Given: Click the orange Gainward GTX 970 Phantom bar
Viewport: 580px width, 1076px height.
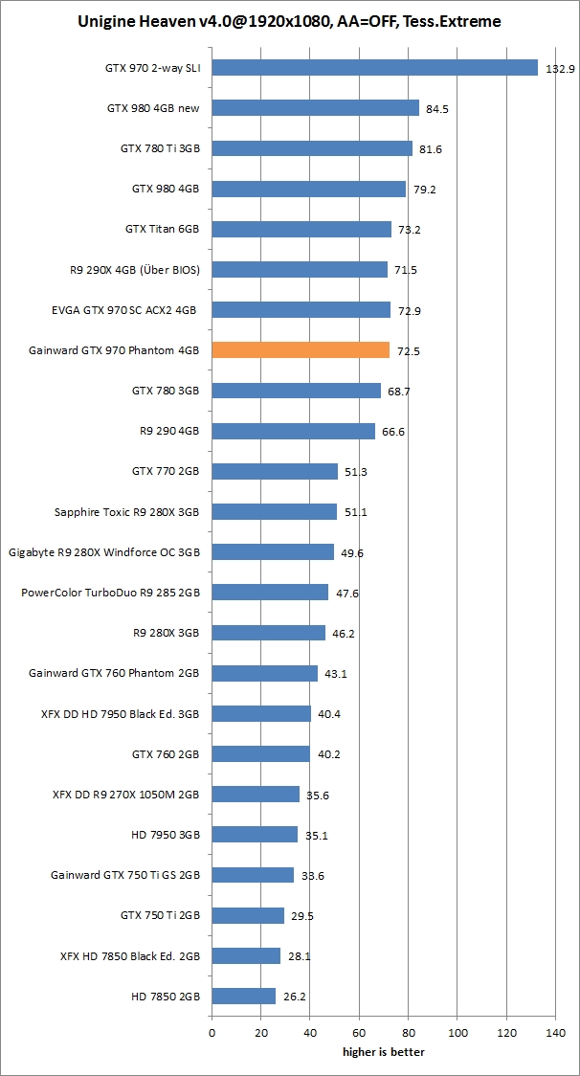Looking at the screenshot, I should pyautogui.click(x=301, y=350).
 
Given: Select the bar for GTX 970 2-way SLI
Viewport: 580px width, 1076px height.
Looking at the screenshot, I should pyautogui.click(x=374, y=67).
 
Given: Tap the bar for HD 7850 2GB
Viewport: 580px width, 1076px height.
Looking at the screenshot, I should pyautogui.click(x=244, y=996).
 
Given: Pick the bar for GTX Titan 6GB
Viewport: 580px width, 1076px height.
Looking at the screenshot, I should pyautogui.click(x=301, y=230).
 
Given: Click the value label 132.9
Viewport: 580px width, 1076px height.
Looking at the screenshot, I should pyautogui.click(x=560, y=69).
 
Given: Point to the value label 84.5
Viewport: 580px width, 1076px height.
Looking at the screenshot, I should pyautogui.click(x=437, y=109).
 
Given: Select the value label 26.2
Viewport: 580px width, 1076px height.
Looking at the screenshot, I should pyautogui.click(x=294, y=997).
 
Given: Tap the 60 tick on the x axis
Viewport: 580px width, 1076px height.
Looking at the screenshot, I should pyautogui.click(x=359, y=1033).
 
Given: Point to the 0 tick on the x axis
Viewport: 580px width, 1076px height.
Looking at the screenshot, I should pyautogui.click(x=212, y=1033).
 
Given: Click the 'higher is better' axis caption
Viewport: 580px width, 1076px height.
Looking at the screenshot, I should pyautogui.click(x=384, y=1052).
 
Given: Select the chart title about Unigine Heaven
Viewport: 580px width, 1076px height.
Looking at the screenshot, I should pyautogui.click(x=290, y=20).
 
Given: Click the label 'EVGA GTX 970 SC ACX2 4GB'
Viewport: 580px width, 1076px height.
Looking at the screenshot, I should pyautogui.click(x=124, y=310).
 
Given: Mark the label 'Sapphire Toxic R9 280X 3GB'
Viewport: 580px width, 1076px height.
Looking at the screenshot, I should pyautogui.click(x=127, y=512).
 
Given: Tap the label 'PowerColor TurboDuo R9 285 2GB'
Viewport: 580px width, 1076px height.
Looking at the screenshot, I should pyautogui.click(x=110, y=593).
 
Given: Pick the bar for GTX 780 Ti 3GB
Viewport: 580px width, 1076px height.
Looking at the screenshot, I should pyautogui.click(x=312, y=148).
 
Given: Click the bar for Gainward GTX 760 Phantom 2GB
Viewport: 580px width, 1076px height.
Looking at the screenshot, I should pyautogui.click(x=265, y=673).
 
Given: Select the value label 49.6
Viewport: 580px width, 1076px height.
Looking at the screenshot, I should pyautogui.click(x=351, y=553).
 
